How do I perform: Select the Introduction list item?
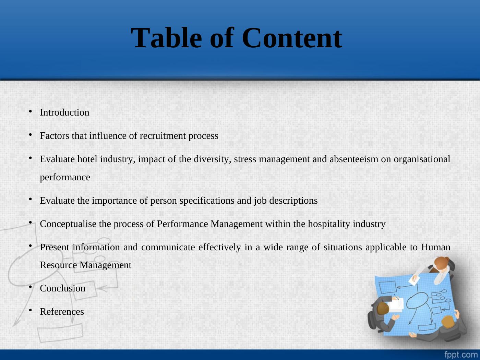tap(64, 112)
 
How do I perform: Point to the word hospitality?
tap(329, 224)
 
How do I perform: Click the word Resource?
tap(58, 265)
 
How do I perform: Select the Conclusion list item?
tap(62, 288)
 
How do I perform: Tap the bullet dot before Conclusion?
tap(31, 287)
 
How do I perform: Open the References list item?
tap(62, 312)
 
